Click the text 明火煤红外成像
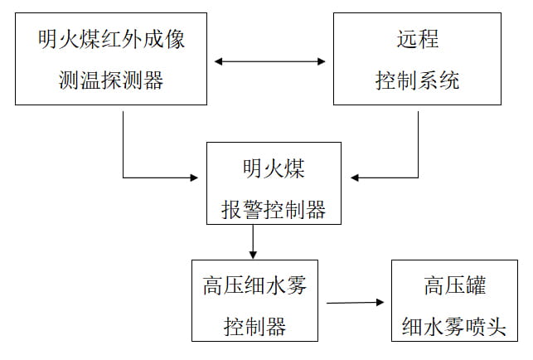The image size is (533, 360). [110, 41]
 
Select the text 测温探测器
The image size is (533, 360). [110, 80]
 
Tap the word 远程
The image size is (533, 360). [417, 41]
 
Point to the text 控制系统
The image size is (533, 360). [417, 80]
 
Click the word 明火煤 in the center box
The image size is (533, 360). [273, 169]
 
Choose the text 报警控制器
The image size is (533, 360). [273, 210]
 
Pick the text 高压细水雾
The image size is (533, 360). [254, 286]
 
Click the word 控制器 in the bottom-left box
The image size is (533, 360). [254, 326]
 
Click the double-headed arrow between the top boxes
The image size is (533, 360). [269, 61]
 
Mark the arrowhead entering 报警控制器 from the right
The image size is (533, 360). [356, 178]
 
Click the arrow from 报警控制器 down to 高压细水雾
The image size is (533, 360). [253, 241]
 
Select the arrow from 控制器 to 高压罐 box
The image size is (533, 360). [356, 304]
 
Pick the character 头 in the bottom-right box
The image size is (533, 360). [495, 326]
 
